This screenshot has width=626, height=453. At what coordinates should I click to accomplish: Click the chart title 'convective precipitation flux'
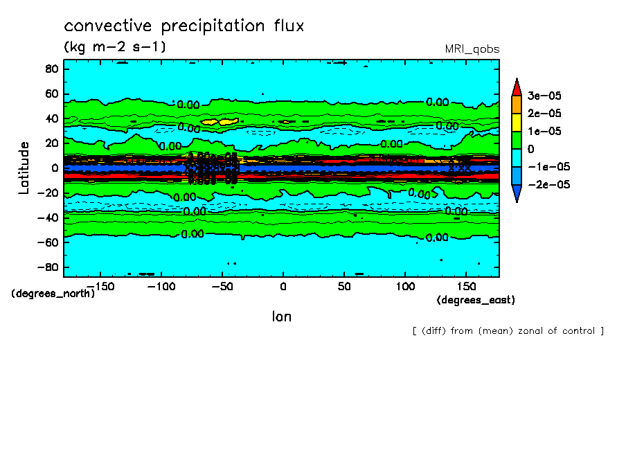[184, 26]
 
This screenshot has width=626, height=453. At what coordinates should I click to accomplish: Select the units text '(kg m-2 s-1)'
[115, 47]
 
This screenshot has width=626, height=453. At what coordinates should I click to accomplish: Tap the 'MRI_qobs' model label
[472, 49]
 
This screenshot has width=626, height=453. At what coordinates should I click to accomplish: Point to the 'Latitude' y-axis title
[24, 168]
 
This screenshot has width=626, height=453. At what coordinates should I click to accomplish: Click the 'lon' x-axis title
[281, 317]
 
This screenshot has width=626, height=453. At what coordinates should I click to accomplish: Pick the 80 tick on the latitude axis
[51, 69]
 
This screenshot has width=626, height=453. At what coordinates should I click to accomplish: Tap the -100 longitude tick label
[161, 285]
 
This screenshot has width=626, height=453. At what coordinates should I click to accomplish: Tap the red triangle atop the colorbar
[517, 86]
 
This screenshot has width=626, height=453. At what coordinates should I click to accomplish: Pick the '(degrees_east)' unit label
[476, 300]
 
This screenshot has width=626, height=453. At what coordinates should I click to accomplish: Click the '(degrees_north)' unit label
[53, 293]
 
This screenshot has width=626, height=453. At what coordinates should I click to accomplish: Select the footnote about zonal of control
[508, 330]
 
